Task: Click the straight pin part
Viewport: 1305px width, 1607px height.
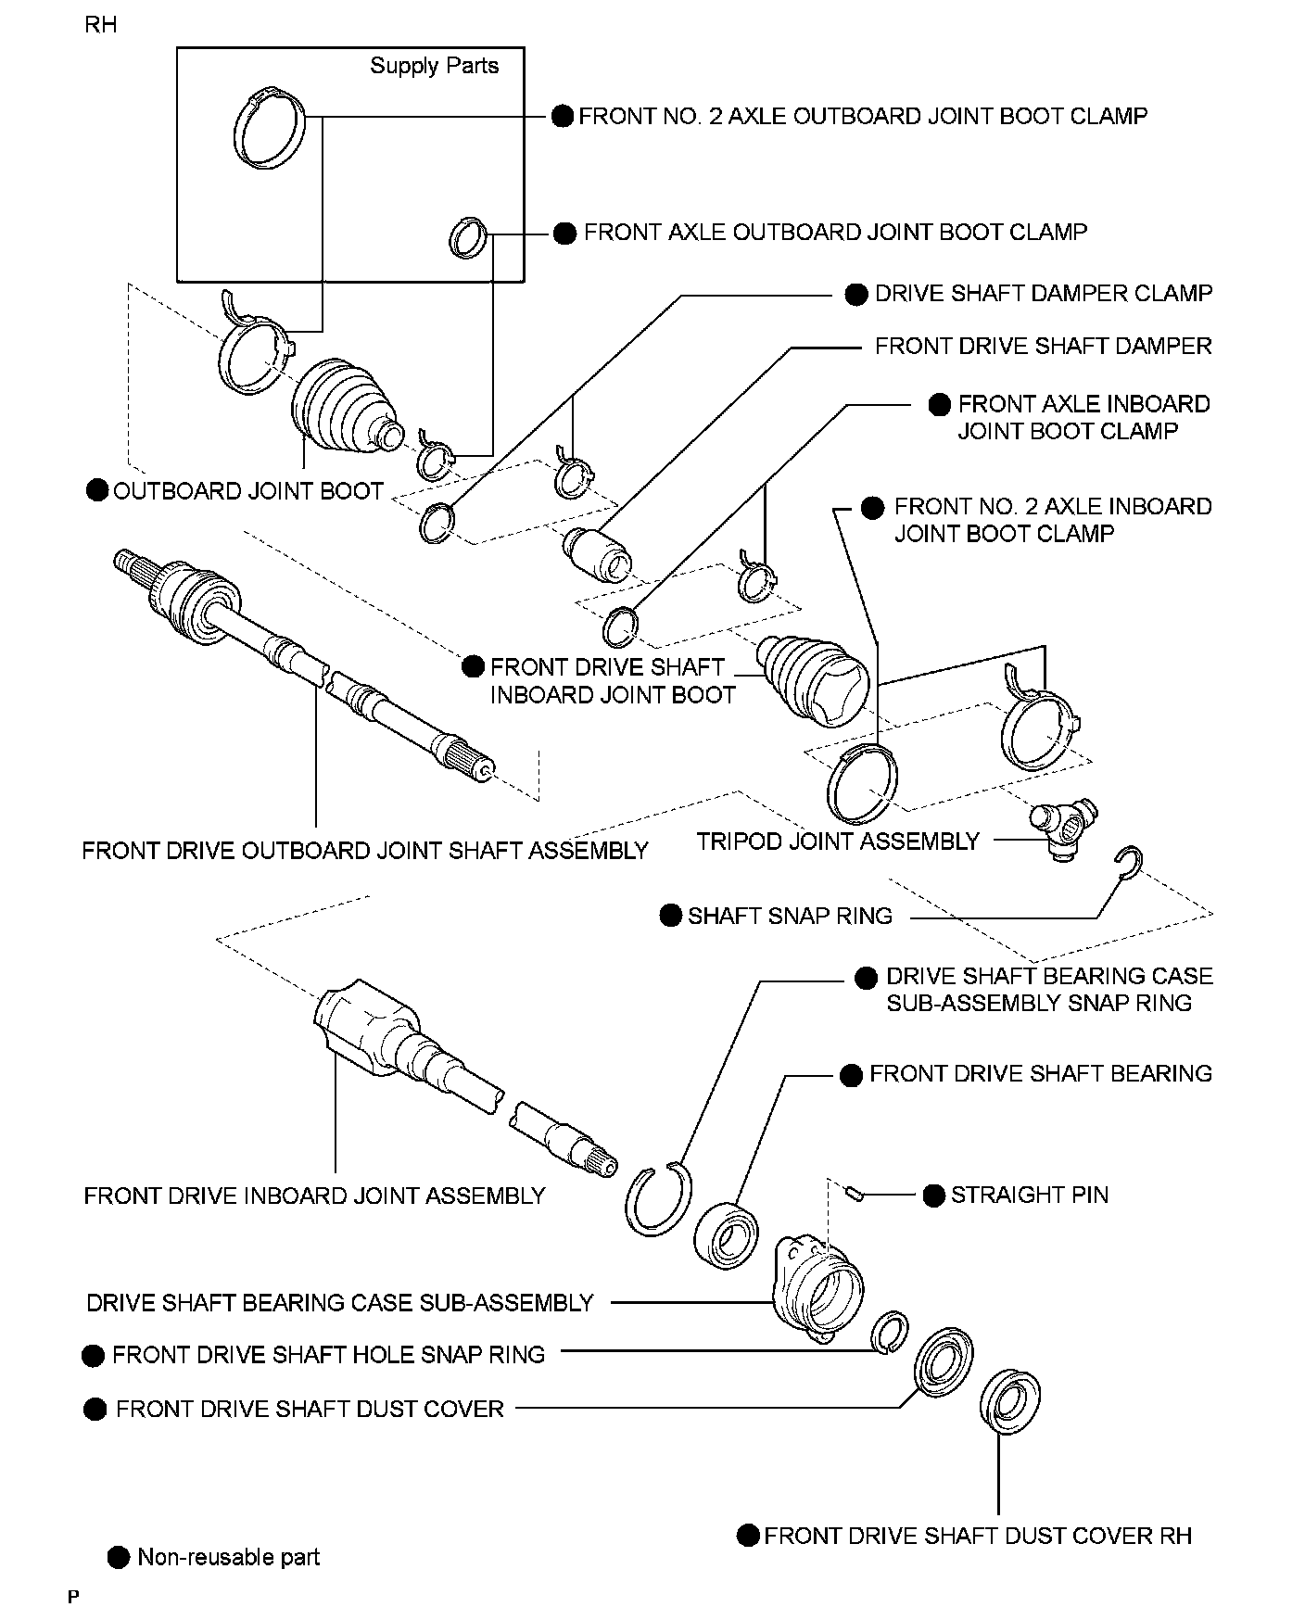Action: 856,1194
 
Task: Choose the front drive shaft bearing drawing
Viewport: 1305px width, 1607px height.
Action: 729,1232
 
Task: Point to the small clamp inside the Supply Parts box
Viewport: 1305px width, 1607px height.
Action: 468,236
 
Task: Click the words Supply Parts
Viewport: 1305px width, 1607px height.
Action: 434,66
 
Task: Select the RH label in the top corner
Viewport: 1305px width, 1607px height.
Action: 100,25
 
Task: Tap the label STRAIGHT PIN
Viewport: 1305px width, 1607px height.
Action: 1029,1195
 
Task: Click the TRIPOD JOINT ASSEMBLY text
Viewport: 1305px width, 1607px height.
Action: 838,841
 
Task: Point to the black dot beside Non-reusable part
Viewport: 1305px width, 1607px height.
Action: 119,1556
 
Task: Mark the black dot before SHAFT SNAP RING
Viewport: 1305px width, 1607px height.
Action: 671,916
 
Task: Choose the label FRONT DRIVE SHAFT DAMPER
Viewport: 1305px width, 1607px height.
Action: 1043,347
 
